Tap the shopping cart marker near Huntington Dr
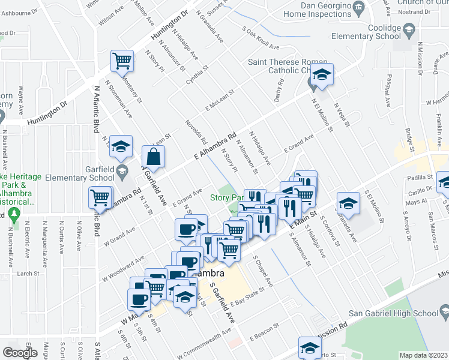point(121,61)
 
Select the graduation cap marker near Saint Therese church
point(322,75)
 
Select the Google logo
point(20,353)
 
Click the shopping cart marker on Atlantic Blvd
point(100,197)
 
